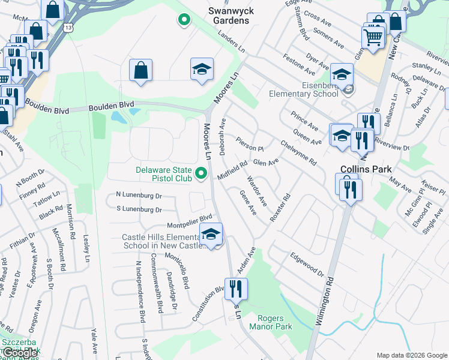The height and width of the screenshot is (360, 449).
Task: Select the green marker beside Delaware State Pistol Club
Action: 202,174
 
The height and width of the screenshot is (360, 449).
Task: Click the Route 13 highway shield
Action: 70,28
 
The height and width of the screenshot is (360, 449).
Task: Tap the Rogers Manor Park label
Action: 274,322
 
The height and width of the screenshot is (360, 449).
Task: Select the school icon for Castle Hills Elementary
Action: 211,235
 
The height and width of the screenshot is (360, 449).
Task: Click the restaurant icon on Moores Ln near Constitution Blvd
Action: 236,289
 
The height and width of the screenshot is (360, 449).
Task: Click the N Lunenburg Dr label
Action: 139,196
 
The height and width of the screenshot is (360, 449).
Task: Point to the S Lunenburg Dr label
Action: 139,210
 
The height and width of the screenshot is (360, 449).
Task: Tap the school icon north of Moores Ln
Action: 202,69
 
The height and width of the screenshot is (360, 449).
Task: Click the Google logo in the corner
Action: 20,353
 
